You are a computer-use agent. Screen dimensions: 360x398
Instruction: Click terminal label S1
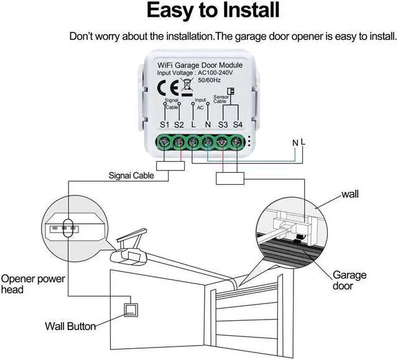coord(164,125)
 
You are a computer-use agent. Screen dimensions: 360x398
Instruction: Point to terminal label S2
coord(179,125)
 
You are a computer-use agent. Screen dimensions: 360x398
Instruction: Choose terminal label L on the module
coord(194,125)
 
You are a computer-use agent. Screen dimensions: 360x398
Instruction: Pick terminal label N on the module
coord(208,125)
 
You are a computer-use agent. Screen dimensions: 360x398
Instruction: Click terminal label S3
coord(223,125)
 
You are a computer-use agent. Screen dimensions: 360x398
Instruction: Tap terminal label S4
coord(237,125)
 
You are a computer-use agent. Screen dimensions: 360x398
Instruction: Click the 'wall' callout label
coord(349,195)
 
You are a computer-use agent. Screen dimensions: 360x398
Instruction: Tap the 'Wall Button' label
coord(70,325)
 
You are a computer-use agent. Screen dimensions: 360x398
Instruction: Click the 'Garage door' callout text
coord(349,280)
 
